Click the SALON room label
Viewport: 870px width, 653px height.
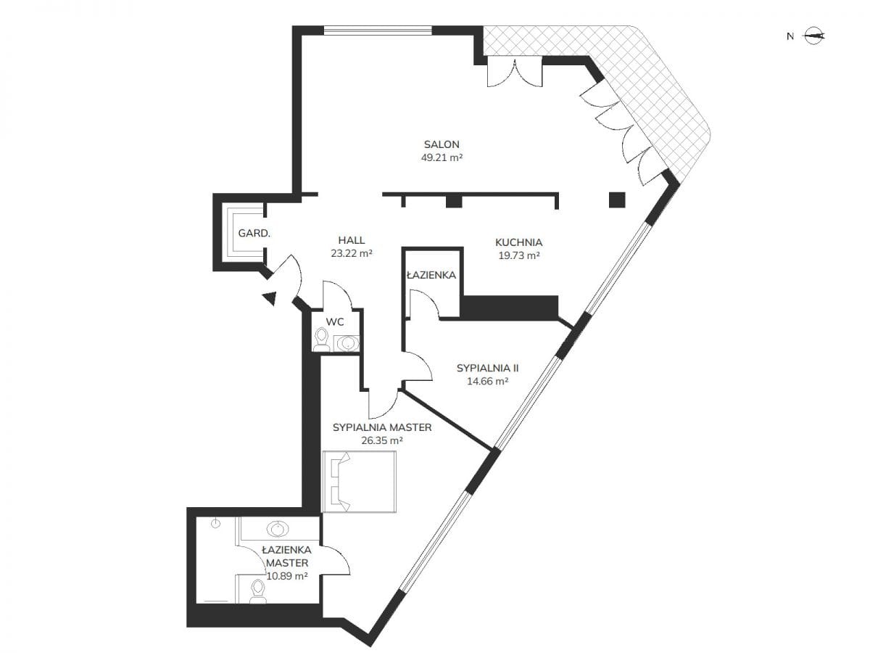coord(441,144)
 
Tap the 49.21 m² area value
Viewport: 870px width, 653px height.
coord(442,157)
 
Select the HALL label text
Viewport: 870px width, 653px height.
coord(351,240)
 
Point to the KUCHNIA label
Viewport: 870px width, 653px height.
coord(518,242)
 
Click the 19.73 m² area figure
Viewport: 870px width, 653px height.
coord(518,255)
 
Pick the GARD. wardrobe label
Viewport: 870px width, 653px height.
coord(254,233)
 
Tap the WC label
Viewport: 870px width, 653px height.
coord(335,321)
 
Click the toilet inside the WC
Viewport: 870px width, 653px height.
coord(321,340)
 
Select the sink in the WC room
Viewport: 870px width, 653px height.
coord(347,343)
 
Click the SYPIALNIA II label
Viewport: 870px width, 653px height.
coord(487,368)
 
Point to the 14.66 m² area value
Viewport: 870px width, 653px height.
coord(487,381)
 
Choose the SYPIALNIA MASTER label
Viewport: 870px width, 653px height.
coord(382,427)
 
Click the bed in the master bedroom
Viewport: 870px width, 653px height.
coord(359,481)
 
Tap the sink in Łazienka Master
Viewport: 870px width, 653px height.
coord(278,529)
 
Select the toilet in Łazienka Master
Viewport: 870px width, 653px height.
coord(257,591)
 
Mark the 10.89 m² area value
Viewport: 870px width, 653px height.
coord(286,576)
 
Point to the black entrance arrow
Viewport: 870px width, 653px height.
coord(270,297)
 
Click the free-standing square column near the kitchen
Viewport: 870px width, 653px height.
coord(617,200)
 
